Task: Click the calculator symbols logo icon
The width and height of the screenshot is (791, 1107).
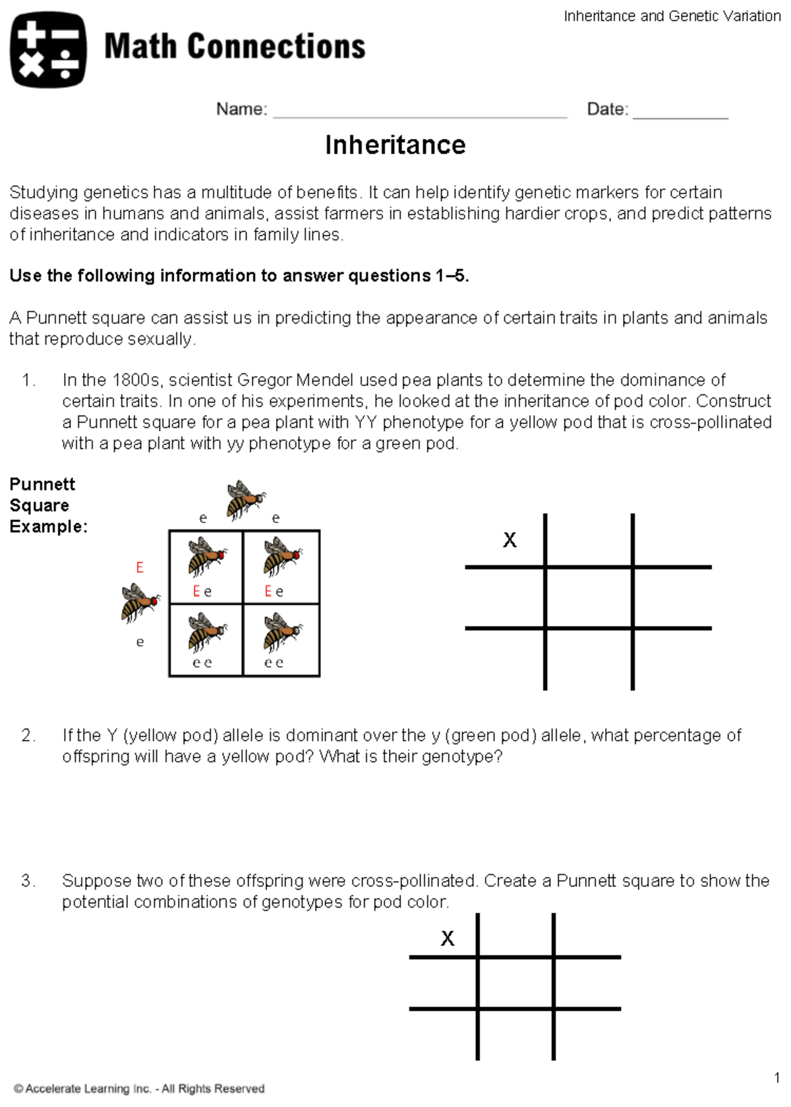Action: coord(48,49)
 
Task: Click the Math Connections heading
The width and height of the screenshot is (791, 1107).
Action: coord(235,47)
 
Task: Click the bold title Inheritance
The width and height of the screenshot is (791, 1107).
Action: coord(395,145)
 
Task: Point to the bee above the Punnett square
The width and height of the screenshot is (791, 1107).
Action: coord(245,499)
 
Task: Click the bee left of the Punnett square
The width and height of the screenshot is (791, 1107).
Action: coord(139,602)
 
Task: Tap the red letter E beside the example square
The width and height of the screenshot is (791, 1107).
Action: coord(139,567)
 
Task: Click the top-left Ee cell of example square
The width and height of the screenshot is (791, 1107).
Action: coord(206,567)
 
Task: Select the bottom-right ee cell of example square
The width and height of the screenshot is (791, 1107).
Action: coord(281,640)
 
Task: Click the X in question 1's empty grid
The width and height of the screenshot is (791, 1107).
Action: coord(510,540)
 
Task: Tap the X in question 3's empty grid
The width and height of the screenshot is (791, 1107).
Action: coord(448,938)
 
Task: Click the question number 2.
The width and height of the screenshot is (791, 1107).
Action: coord(28,735)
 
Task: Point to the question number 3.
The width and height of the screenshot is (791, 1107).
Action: coord(28,881)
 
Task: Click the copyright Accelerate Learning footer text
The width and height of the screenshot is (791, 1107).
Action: coord(139,1089)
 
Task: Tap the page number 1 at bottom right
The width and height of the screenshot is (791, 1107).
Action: coord(777,1078)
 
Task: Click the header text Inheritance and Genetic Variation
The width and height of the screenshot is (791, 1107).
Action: coord(672,16)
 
